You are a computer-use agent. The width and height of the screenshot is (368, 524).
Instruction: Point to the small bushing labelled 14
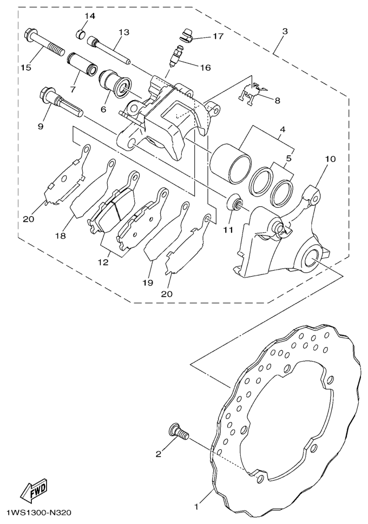pyautogui.click(x=81, y=34)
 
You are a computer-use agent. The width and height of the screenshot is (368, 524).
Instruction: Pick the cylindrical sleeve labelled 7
pyautogui.click(x=82, y=63)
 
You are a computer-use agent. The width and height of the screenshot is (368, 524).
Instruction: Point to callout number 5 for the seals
pyautogui.click(x=288, y=158)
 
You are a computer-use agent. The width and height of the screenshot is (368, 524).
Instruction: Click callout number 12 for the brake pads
pyautogui.click(x=103, y=263)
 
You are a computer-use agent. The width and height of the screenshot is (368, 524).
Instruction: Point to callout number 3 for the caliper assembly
pyautogui.click(x=285, y=32)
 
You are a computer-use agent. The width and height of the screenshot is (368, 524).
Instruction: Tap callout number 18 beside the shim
pyautogui.click(x=61, y=235)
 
